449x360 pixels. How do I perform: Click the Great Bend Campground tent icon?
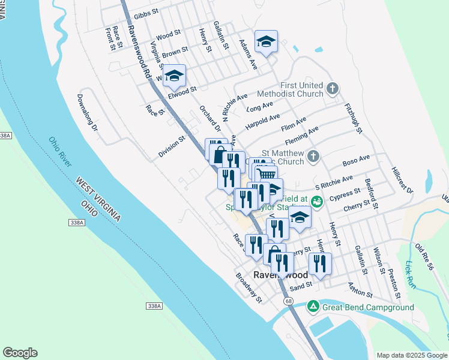pos(313,307)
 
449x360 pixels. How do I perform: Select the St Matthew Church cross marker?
pos(312,157)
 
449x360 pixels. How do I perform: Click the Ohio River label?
pos(60,152)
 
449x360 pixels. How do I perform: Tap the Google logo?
pos(20,353)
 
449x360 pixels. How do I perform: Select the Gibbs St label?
pos(146,13)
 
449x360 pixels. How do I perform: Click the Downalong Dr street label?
pos(86,111)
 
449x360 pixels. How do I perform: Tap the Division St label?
pos(172,146)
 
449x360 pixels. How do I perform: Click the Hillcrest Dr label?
pos(402,179)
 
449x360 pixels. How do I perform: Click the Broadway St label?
pos(249,287)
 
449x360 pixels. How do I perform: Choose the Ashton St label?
pos(360,292)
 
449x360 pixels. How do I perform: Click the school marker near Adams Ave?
pos(266,41)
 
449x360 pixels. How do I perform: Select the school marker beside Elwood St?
pos(174,75)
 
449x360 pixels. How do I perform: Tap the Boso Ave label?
pos(356,159)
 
